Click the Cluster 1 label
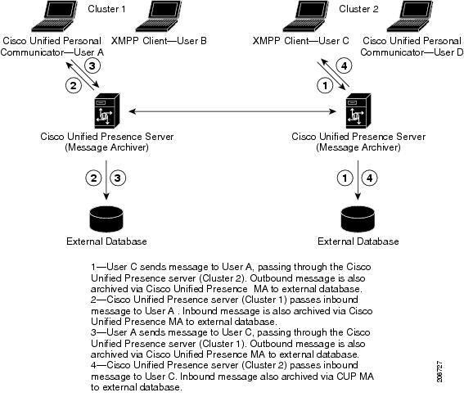point(106,9)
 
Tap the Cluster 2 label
point(358,9)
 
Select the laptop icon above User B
point(158,16)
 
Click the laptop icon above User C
point(306,16)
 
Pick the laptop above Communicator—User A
point(55,16)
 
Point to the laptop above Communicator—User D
point(409,16)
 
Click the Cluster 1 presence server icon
point(107,111)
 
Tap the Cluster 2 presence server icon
point(358,111)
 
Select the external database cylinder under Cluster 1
point(106,219)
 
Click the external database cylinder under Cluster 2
point(358,219)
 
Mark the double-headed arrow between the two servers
point(232,111)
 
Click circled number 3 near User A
point(92,65)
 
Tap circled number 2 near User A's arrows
point(73,86)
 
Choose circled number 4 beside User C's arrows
point(344,65)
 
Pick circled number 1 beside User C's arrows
point(325,86)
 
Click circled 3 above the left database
point(118,178)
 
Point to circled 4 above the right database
point(370,178)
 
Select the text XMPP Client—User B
point(159,41)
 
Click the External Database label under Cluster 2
point(358,241)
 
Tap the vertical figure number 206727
point(440,372)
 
